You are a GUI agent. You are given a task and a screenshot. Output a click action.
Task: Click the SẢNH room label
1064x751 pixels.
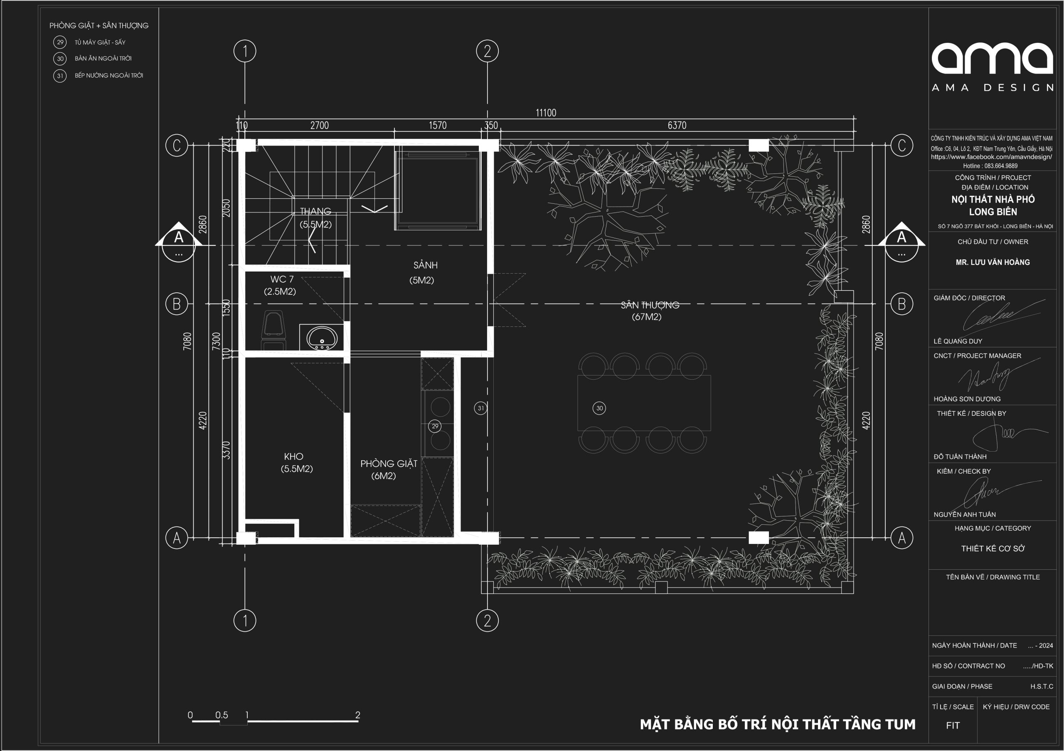coord(426,265)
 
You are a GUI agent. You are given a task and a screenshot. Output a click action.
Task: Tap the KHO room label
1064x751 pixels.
coord(294,457)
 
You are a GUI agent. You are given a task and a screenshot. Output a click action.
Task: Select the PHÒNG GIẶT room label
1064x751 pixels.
coord(389,464)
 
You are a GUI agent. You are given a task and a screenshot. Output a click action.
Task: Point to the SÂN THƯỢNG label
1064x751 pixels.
coord(650,305)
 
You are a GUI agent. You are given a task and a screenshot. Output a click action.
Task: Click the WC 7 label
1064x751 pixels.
coord(282,279)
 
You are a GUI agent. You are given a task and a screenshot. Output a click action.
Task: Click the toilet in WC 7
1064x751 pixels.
coord(273,330)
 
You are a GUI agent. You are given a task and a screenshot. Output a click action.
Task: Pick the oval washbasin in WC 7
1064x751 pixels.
coord(322,338)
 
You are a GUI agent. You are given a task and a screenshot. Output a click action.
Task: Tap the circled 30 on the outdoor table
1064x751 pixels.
coord(599,408)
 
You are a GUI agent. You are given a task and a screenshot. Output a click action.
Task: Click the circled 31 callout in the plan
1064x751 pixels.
coord(480,408)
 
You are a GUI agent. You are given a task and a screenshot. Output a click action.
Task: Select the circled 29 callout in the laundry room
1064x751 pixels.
coord(435,426)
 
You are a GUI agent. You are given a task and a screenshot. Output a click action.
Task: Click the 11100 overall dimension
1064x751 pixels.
coord(546,113)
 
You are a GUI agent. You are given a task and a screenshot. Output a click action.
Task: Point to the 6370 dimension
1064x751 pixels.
coord(677,125)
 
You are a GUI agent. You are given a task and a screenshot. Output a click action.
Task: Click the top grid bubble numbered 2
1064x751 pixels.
coord(488,51)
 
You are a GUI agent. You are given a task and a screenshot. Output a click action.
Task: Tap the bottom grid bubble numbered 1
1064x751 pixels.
coord(245,620)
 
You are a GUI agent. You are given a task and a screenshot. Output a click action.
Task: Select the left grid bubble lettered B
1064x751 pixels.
coord(177,304)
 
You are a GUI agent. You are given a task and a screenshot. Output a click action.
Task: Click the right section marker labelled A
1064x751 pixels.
coord(901,241)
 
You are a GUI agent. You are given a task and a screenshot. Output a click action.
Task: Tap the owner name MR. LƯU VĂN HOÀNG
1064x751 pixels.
coord(993,262)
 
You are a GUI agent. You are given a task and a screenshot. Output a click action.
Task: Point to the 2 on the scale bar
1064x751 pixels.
coord(358,715)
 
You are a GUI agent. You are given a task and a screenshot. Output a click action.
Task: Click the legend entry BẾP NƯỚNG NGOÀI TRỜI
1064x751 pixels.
coord(109,75)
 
